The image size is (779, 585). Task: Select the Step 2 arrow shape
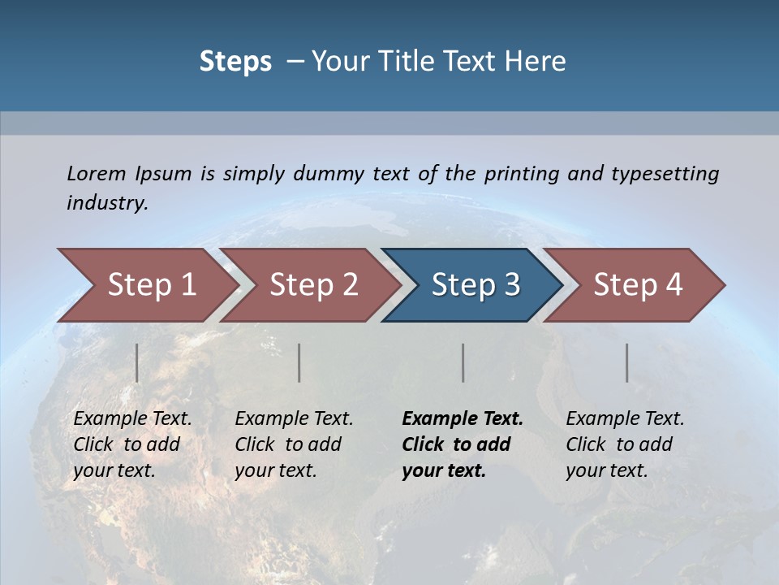pyautogui.click(x=312, y=285)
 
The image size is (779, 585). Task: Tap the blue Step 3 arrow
pyautogui.click(x=475, y=285)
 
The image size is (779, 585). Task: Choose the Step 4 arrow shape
pyautogui.click(x=637, y=285)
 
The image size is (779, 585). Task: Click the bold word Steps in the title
pyautogui.click(x=235, y=61)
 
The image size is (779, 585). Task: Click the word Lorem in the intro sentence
pyautogui.click(x=97, y=173)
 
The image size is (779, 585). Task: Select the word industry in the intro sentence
pyautogui.click(x=106, y=202)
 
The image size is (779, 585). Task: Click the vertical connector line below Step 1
pyautogui.click(x=137, y=362)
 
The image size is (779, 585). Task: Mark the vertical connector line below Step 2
pyautogui.click(x=299, y=362)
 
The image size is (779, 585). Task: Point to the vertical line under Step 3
pyautogui.click(x=463, y=362)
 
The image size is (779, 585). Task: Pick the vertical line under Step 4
pyautogui.click(x=627, y=362)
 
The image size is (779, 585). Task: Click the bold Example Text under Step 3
pyautogui.click(x=463, y=418)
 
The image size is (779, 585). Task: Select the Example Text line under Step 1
pyautogui.click(x=132, y=418)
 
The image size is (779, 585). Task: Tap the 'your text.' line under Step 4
pyautogui.click(x=607, y=470)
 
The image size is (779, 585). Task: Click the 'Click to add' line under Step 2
pyautogui.click(x=288, y=444)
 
